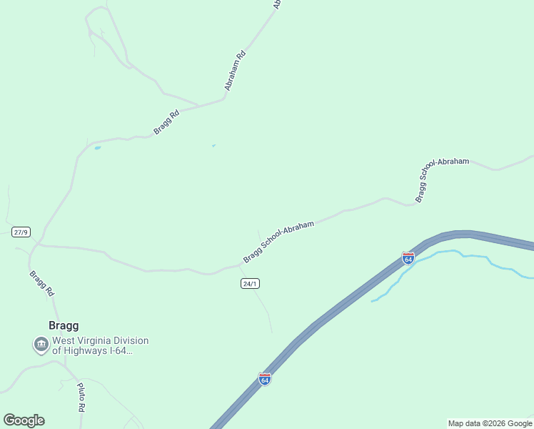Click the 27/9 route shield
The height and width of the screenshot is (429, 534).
point(21,232)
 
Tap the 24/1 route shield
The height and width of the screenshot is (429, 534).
point(249,284)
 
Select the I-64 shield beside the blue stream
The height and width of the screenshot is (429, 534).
point(408,258)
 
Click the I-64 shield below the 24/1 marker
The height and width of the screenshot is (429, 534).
point(265,378)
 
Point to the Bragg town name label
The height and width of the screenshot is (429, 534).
point(64,325)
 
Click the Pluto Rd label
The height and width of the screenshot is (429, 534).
point(81,398)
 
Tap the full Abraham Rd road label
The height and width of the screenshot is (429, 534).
point(236,70)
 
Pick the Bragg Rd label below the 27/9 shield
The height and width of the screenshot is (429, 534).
point(41,283)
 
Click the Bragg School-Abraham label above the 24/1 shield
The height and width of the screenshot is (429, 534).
point(278,242)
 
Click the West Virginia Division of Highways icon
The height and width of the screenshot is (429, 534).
point(41,345)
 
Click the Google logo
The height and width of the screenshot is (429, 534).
point(24,420)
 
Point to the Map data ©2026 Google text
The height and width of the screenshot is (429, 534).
point(490,423)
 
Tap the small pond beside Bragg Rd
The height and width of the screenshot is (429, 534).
point(97,148)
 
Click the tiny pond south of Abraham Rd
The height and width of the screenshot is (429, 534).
point(213,146)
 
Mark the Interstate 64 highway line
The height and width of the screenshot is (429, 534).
point(336,307)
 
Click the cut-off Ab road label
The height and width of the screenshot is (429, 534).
point(278,4)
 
